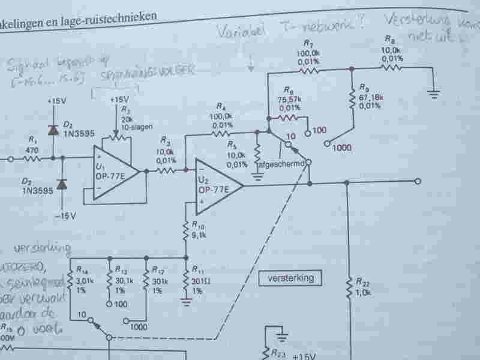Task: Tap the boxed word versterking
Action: coord(287,278)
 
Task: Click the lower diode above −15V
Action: coord(61,184)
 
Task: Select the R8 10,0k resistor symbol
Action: coord(392,67)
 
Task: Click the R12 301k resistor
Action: coord(146,281)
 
